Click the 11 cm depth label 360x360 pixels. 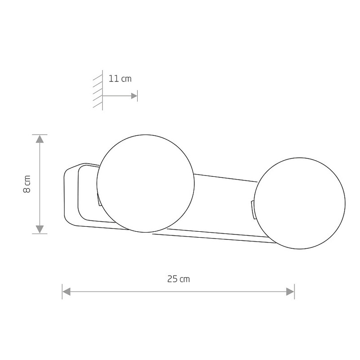click(x=120, y=79)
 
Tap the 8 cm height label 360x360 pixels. click(x=27, y=184)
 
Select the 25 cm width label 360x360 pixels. click(x=179, y=279)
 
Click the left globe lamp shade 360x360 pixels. click(x=145, y=184)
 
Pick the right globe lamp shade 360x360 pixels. click(x=300, y=203)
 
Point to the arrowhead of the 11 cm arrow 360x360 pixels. click(x=134, y=96)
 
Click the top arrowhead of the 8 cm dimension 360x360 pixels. click(x=40, y=139)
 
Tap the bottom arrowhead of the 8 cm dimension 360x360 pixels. click(x=40, y=229)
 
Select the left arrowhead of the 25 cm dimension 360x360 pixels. click(x=66, y=292)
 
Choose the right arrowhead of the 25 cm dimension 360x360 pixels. click(x=290, y=292)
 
